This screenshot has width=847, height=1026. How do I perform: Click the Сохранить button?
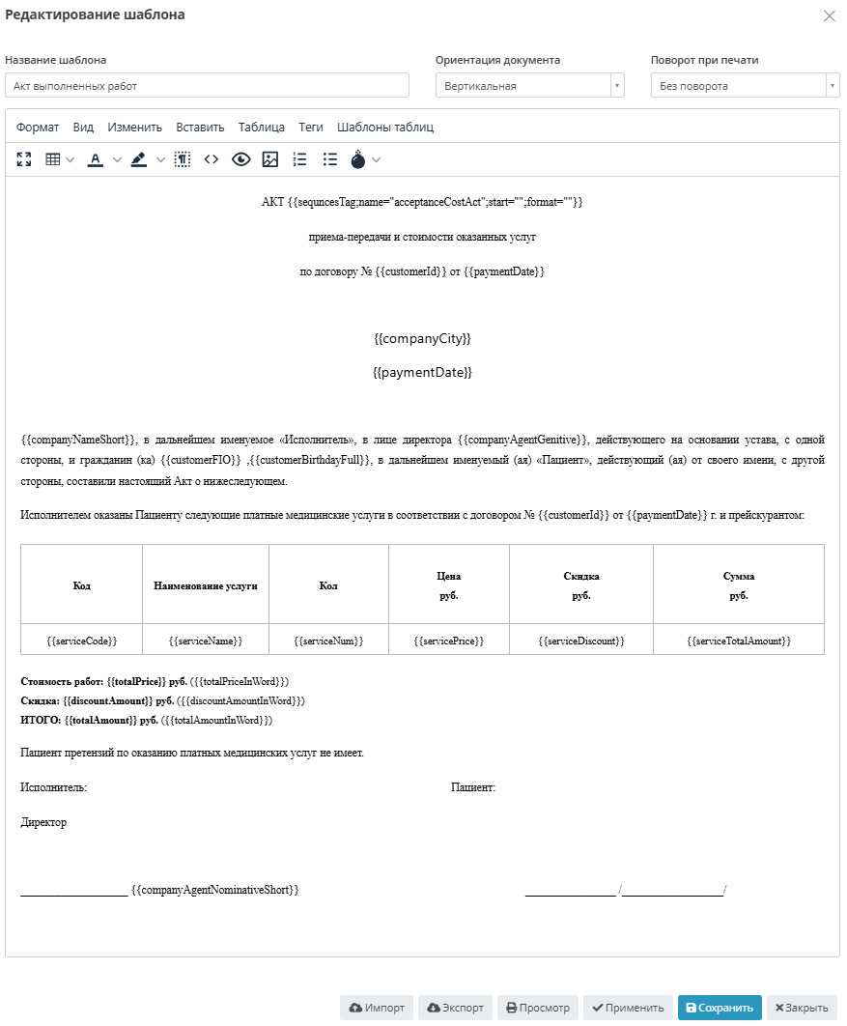[720, 1008]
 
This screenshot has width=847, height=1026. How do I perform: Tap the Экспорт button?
[455, 1008]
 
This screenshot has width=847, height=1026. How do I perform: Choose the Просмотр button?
[538, 1008]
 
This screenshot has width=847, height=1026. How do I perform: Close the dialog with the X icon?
[829, 15]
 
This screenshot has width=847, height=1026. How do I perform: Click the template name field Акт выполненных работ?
[207, 86]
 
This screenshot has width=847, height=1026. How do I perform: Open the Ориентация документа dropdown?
[529, 86]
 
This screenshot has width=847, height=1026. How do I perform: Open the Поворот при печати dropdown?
[745, 86]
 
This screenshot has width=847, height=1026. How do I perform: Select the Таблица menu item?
[261, 127]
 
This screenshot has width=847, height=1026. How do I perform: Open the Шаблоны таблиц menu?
[385, 127]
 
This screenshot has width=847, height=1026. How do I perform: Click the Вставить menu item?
[200, 127]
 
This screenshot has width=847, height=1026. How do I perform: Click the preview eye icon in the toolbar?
[240, 159]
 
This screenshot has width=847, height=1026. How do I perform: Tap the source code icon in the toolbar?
[211, 159]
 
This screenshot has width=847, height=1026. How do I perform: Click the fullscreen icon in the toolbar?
[24, 159]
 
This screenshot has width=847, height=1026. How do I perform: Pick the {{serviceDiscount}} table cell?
[581, 641]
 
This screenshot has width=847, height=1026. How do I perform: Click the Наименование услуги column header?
[205, 585]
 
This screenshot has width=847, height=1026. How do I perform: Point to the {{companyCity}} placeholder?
[422, 339]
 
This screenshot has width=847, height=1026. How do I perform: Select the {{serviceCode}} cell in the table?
[82, 641]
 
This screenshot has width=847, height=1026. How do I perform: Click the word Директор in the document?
[43, 822]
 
